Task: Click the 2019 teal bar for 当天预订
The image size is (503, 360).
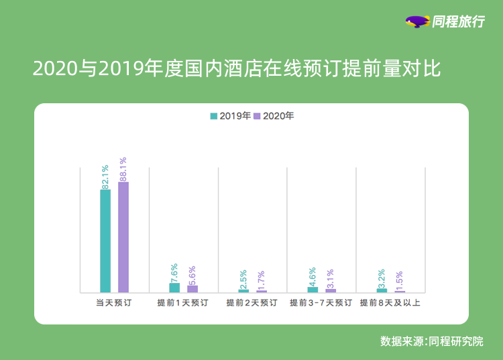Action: pyautogui.click(x=105, y=241)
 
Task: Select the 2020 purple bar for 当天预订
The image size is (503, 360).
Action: pyautogui.click(x=123, y=237)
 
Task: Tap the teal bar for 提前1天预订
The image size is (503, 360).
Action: pyautogui.click(x=174, y=288)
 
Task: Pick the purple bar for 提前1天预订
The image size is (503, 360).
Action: pyautogui.click(x=192, y=289)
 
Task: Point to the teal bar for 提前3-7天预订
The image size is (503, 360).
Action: pyautogui.click(x=313, y=290)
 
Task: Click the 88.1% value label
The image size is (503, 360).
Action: pyautogui.click(x=123, y=169)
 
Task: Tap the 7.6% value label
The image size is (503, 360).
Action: pyautogui.click(x=174, y=272)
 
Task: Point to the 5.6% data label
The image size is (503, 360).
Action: pyautogui.click(x=192, y=275)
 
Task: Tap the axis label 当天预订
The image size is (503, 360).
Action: pyautogui.click(x=113, y=303)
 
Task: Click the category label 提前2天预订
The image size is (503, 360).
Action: pyautogui.click(x=251, y=303)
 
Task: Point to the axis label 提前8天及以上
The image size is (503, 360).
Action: pyautogui.click(x=390, y=303)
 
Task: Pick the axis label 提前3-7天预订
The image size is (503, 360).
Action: pyautogui.click(x=321, y=303)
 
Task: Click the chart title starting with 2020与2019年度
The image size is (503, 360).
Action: pyautogui.click(x=237, y=68)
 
